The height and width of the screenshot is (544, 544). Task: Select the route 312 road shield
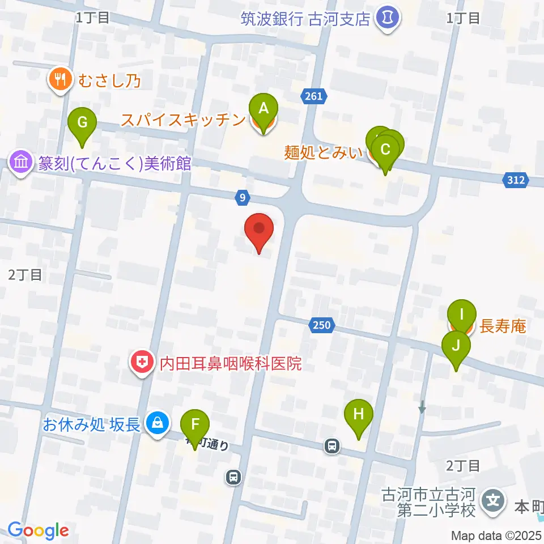515,181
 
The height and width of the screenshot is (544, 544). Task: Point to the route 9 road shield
243,197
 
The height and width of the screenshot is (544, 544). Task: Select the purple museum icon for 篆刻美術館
21,164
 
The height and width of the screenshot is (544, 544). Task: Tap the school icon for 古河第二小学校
494,501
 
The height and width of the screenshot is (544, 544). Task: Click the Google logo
38,530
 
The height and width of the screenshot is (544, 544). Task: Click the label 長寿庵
503,326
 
